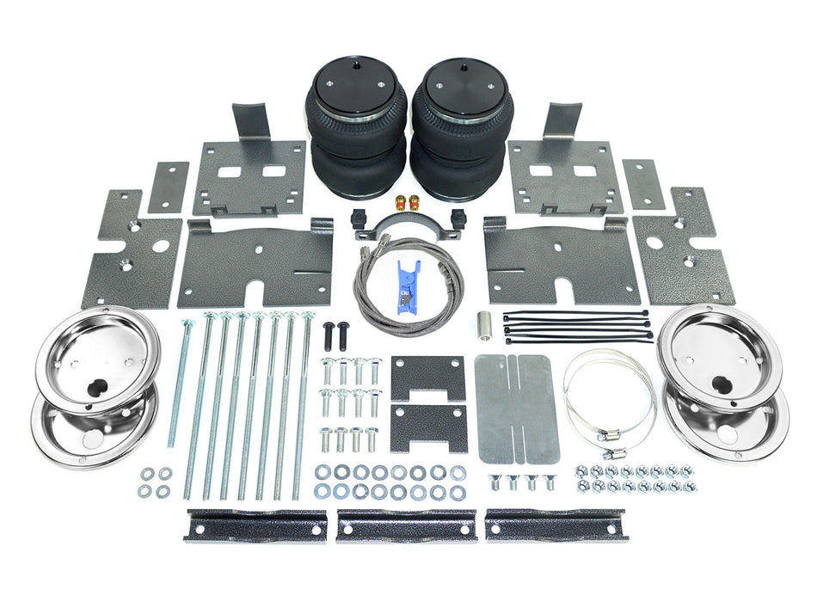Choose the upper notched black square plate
tap(428, 376)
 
